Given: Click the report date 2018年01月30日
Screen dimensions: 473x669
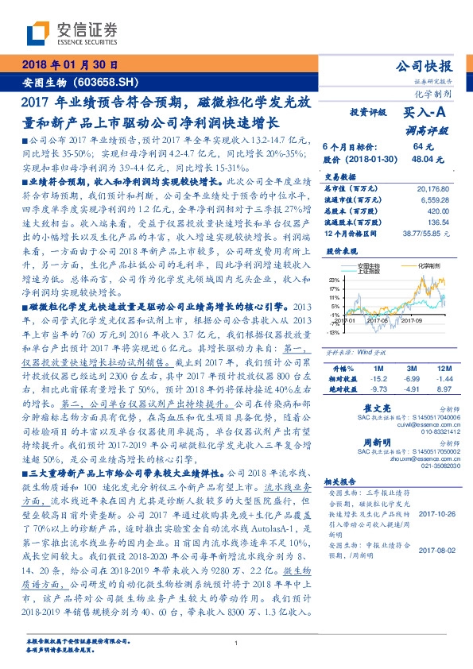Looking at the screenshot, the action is coord(69,64).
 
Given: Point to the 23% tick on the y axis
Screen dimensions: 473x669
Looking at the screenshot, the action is coord(336,280).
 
